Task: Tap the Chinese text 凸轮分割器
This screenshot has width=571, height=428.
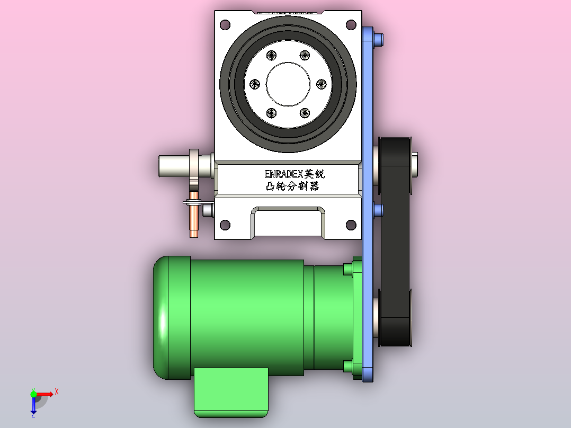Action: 292,186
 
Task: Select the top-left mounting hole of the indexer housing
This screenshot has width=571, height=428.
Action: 225,24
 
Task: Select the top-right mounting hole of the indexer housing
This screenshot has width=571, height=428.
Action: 351,24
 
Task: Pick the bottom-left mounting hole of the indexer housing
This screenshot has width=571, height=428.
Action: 225,225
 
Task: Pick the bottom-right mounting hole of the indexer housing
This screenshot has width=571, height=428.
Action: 351,225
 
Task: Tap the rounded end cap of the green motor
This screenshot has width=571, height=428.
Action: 161,318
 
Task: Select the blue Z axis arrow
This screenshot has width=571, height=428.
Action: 33,406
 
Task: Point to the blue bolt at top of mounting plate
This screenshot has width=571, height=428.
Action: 379,39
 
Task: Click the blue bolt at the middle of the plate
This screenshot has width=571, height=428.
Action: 378,210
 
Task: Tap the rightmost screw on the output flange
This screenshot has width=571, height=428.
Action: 320,84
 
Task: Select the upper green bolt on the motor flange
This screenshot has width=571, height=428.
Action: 348,270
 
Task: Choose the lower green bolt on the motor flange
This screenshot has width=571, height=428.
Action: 348,366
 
